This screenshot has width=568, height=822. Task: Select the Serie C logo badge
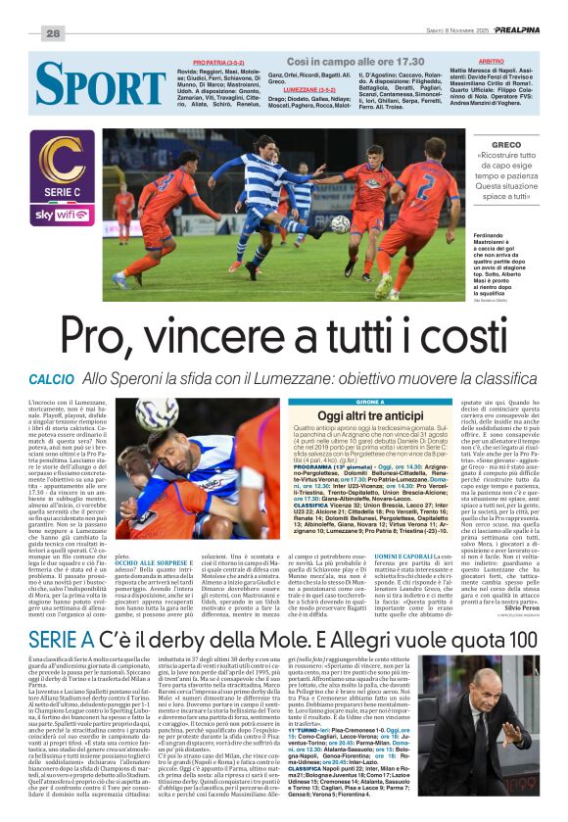coord(62,171)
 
